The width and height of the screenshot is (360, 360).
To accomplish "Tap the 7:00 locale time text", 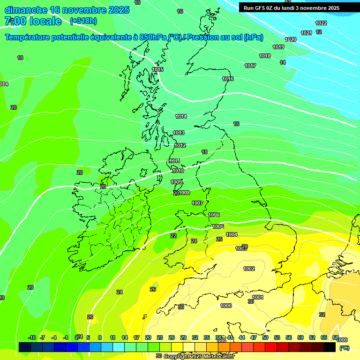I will pyautogui.click(x=33, y=21).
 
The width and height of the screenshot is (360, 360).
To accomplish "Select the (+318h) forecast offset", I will pyautogui.click(x=84, y=21).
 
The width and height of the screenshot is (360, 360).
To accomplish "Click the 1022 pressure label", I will pyautogui.click(x=321, y=23).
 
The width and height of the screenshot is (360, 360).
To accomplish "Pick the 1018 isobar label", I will pyautogui.click(x=265, y=56).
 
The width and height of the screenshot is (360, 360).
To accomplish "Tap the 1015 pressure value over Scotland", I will pyautogui.click(x=157, y=69).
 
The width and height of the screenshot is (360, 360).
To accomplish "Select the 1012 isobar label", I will pyautogui.click(x=180, y=145).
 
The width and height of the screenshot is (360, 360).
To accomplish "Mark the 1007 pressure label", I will pyautogui.click(x=197, y=203).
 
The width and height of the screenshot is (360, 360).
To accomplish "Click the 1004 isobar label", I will pyautogui.click(x=232, y=234).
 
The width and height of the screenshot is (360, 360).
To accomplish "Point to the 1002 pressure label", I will pyautogui.click(x=249, y=269).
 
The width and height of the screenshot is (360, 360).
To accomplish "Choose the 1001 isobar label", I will pyautogui.click(x=258, y=297).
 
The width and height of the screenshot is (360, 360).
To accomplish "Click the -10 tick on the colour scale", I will pyautogui.click(x=32, y=337).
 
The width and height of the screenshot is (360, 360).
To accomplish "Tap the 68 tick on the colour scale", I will pyautogui.click(x=336, y=337).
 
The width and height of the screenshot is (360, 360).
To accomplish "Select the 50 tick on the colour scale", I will pyautogui.click(x=265, y=337).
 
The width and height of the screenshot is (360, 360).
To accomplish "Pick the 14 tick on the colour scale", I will pyautogui.click(x=125, y=337).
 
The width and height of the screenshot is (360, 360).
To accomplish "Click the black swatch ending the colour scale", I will pyautogui.click(x=330, y=347).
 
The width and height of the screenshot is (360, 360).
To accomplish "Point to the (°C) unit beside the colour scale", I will pyautogui.click(x=344, y=347).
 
